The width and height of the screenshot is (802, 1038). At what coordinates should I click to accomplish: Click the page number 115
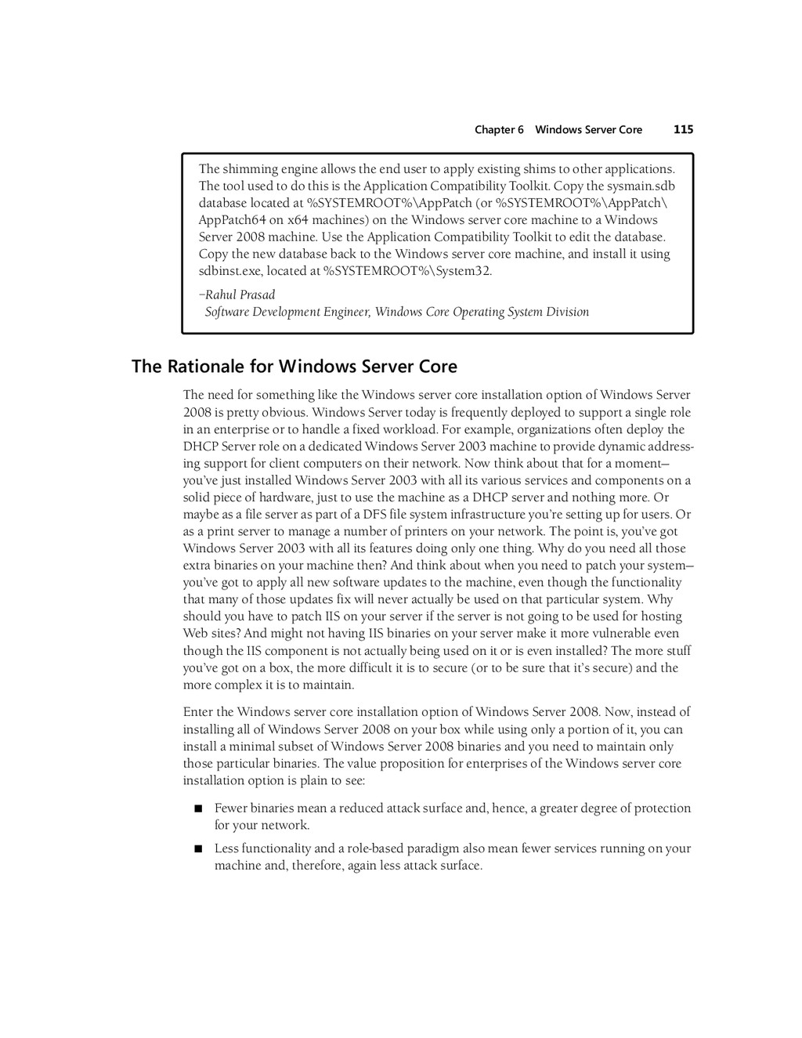click(683, 130)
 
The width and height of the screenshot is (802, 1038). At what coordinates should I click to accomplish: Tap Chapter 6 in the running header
click(499, 130)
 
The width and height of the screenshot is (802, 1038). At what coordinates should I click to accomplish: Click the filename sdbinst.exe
click(230, 271)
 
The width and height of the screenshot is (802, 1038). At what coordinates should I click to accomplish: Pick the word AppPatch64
click(231, 220)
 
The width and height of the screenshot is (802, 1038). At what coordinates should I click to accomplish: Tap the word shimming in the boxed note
click(246, 169)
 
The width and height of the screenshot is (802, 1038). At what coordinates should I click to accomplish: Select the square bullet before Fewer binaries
click(198, 808)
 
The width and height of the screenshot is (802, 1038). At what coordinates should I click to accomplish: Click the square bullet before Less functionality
click(198, 848)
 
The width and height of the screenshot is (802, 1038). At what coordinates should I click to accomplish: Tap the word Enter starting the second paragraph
click(197, 712)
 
